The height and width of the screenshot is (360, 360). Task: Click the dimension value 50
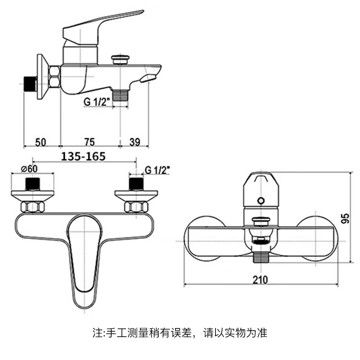40,142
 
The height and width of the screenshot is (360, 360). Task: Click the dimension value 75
89,142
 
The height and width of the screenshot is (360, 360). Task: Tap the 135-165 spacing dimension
83,156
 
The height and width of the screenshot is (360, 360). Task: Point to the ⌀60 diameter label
29,169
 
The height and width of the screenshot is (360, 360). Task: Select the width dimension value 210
260,279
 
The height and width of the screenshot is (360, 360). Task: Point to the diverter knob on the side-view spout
121,59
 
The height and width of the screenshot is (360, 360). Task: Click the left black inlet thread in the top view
33,184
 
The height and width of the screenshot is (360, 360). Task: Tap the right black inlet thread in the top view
136,184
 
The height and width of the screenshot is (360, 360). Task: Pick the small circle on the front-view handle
260,200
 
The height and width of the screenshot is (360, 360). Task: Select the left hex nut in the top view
33,207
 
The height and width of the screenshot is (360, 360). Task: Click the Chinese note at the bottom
180,333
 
